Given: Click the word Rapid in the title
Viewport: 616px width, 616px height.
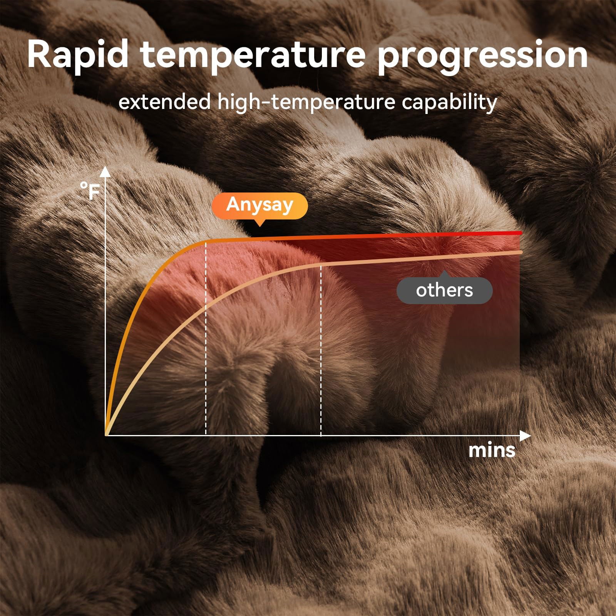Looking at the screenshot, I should [77, 55].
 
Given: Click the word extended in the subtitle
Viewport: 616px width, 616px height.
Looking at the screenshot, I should [164, 102].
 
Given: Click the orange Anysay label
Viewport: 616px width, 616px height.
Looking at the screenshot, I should [260, 204].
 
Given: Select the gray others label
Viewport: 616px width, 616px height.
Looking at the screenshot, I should [444, 290].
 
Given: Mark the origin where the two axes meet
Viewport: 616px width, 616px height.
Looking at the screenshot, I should [105, 435].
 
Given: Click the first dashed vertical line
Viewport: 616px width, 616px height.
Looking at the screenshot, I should [206, 339].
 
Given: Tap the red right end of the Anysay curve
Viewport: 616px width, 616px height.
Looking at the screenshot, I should [520, 233].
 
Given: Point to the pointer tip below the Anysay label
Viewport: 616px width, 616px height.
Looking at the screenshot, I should [260, 226].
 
